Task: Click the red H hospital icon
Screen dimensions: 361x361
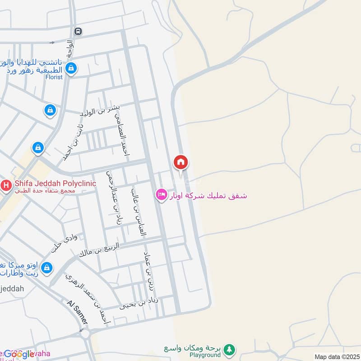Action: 6,185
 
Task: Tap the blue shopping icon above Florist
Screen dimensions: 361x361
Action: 71,69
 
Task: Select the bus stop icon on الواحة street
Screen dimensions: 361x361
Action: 78,31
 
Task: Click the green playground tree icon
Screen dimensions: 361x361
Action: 230,349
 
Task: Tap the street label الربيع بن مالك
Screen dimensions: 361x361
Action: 100,250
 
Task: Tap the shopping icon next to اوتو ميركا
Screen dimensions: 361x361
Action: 46,269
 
